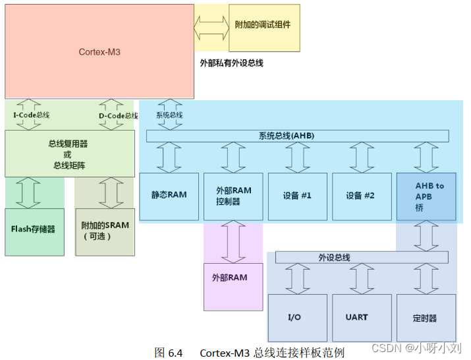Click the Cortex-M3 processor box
[x=99, y=51]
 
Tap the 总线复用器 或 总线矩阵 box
[x=70, y=154]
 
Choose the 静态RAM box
[x=169, y=196]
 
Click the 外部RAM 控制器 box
[x=233, y=196]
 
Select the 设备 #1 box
[x=297, y=196]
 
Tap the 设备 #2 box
[x=360, y=196]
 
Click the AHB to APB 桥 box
[x=426, y=196]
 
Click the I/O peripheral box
[x=297, y=317]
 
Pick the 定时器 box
[x=426, y=317]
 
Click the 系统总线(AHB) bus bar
[x=297, y=136]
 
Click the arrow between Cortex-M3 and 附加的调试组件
[x=211, y=28]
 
